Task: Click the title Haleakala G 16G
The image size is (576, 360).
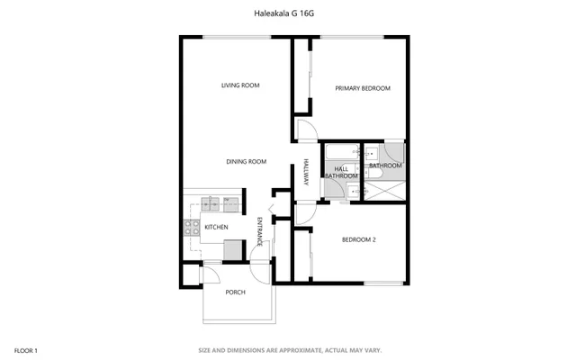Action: point(288,13)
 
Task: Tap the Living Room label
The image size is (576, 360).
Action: point(240,85)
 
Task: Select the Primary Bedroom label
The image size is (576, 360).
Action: point(363,88)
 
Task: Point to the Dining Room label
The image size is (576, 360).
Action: point(246,161)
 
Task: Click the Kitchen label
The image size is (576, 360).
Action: point(216,227)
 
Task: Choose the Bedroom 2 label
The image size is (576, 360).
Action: point(358,239)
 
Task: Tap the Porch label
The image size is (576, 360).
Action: point(235,292)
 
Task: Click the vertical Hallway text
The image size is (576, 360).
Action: point(306,173)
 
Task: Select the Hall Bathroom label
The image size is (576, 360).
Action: point(341,172)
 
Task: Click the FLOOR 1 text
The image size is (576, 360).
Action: point(26,349)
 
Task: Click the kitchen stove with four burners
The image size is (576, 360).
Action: point(191,227)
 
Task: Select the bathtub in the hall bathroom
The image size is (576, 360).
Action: point(339,150)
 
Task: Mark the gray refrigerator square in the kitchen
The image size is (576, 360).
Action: point(233,250)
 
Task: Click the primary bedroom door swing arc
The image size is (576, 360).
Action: point(307,131)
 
